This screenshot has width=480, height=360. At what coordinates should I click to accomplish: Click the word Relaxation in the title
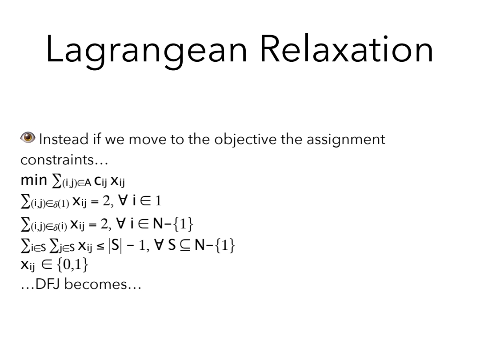pos(347,48)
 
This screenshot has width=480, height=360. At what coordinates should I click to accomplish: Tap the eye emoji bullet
pos(28,137)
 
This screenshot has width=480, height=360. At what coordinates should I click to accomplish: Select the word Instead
pos(64,139)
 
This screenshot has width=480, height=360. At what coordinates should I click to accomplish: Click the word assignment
pos(346,140)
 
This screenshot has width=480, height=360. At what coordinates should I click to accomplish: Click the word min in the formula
pos(34,180)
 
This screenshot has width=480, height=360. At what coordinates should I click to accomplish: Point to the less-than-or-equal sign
pos(100,246)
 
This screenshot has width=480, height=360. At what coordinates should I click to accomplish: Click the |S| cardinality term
pos(115,245)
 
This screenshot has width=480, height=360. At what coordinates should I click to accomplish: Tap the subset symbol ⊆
pos(185,245)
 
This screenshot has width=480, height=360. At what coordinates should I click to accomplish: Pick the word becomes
pos(95,284)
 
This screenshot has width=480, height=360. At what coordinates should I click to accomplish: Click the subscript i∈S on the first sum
pos(38,248)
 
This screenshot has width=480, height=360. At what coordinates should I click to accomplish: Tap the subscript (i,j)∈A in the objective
pos(76,183)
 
